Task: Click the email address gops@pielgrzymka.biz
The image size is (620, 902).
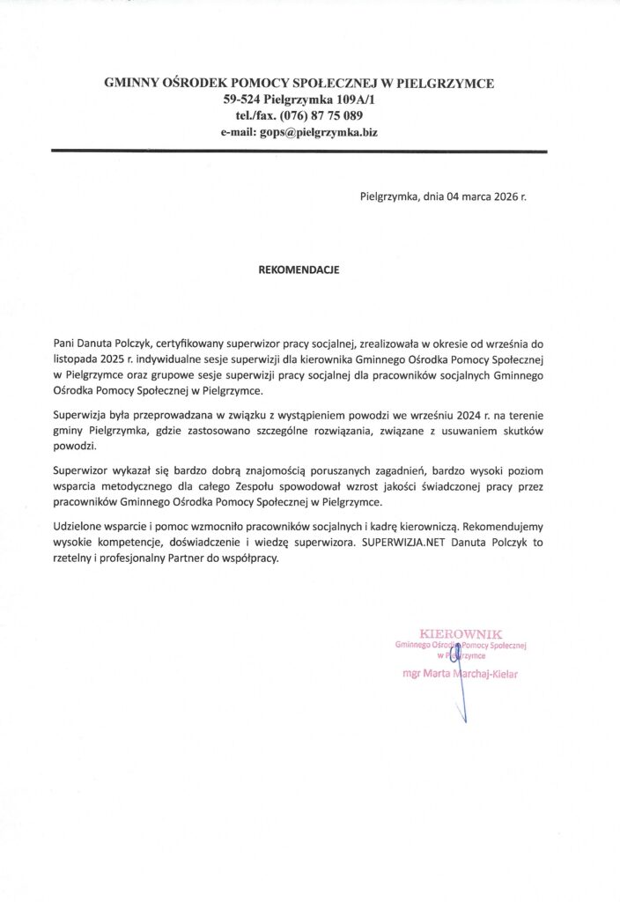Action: point(318,132)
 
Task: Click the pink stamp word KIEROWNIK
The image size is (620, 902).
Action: point(461,633)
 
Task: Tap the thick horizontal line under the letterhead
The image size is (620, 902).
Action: point(299,152)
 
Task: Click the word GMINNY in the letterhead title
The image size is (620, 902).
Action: point(131,84)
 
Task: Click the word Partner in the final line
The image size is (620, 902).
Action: point(173,559)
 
